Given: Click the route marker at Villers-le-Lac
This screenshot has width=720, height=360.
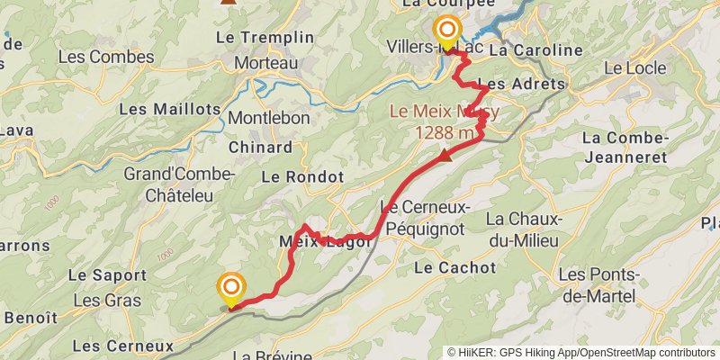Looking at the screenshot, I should [445, 29].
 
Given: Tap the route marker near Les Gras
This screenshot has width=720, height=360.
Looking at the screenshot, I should [232, 288].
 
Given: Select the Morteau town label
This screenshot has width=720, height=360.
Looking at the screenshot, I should [265, 64].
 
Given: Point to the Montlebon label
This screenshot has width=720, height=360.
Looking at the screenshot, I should [268, 118].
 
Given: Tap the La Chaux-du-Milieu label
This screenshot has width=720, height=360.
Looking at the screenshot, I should [523, 229].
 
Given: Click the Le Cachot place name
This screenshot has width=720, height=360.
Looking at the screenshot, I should [454, 267].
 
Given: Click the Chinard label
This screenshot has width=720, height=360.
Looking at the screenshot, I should [260, 148].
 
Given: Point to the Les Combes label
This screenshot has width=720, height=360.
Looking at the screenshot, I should [105, 56].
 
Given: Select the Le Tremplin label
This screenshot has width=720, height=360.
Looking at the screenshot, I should [265, 38].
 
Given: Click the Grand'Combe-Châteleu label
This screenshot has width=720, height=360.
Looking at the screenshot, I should [179, 183].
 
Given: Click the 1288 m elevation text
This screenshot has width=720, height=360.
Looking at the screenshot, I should [445, 133].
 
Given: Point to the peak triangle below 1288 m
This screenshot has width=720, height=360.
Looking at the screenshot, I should [445, 155].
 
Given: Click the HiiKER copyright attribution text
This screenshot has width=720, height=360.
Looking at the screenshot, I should [581, 353].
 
